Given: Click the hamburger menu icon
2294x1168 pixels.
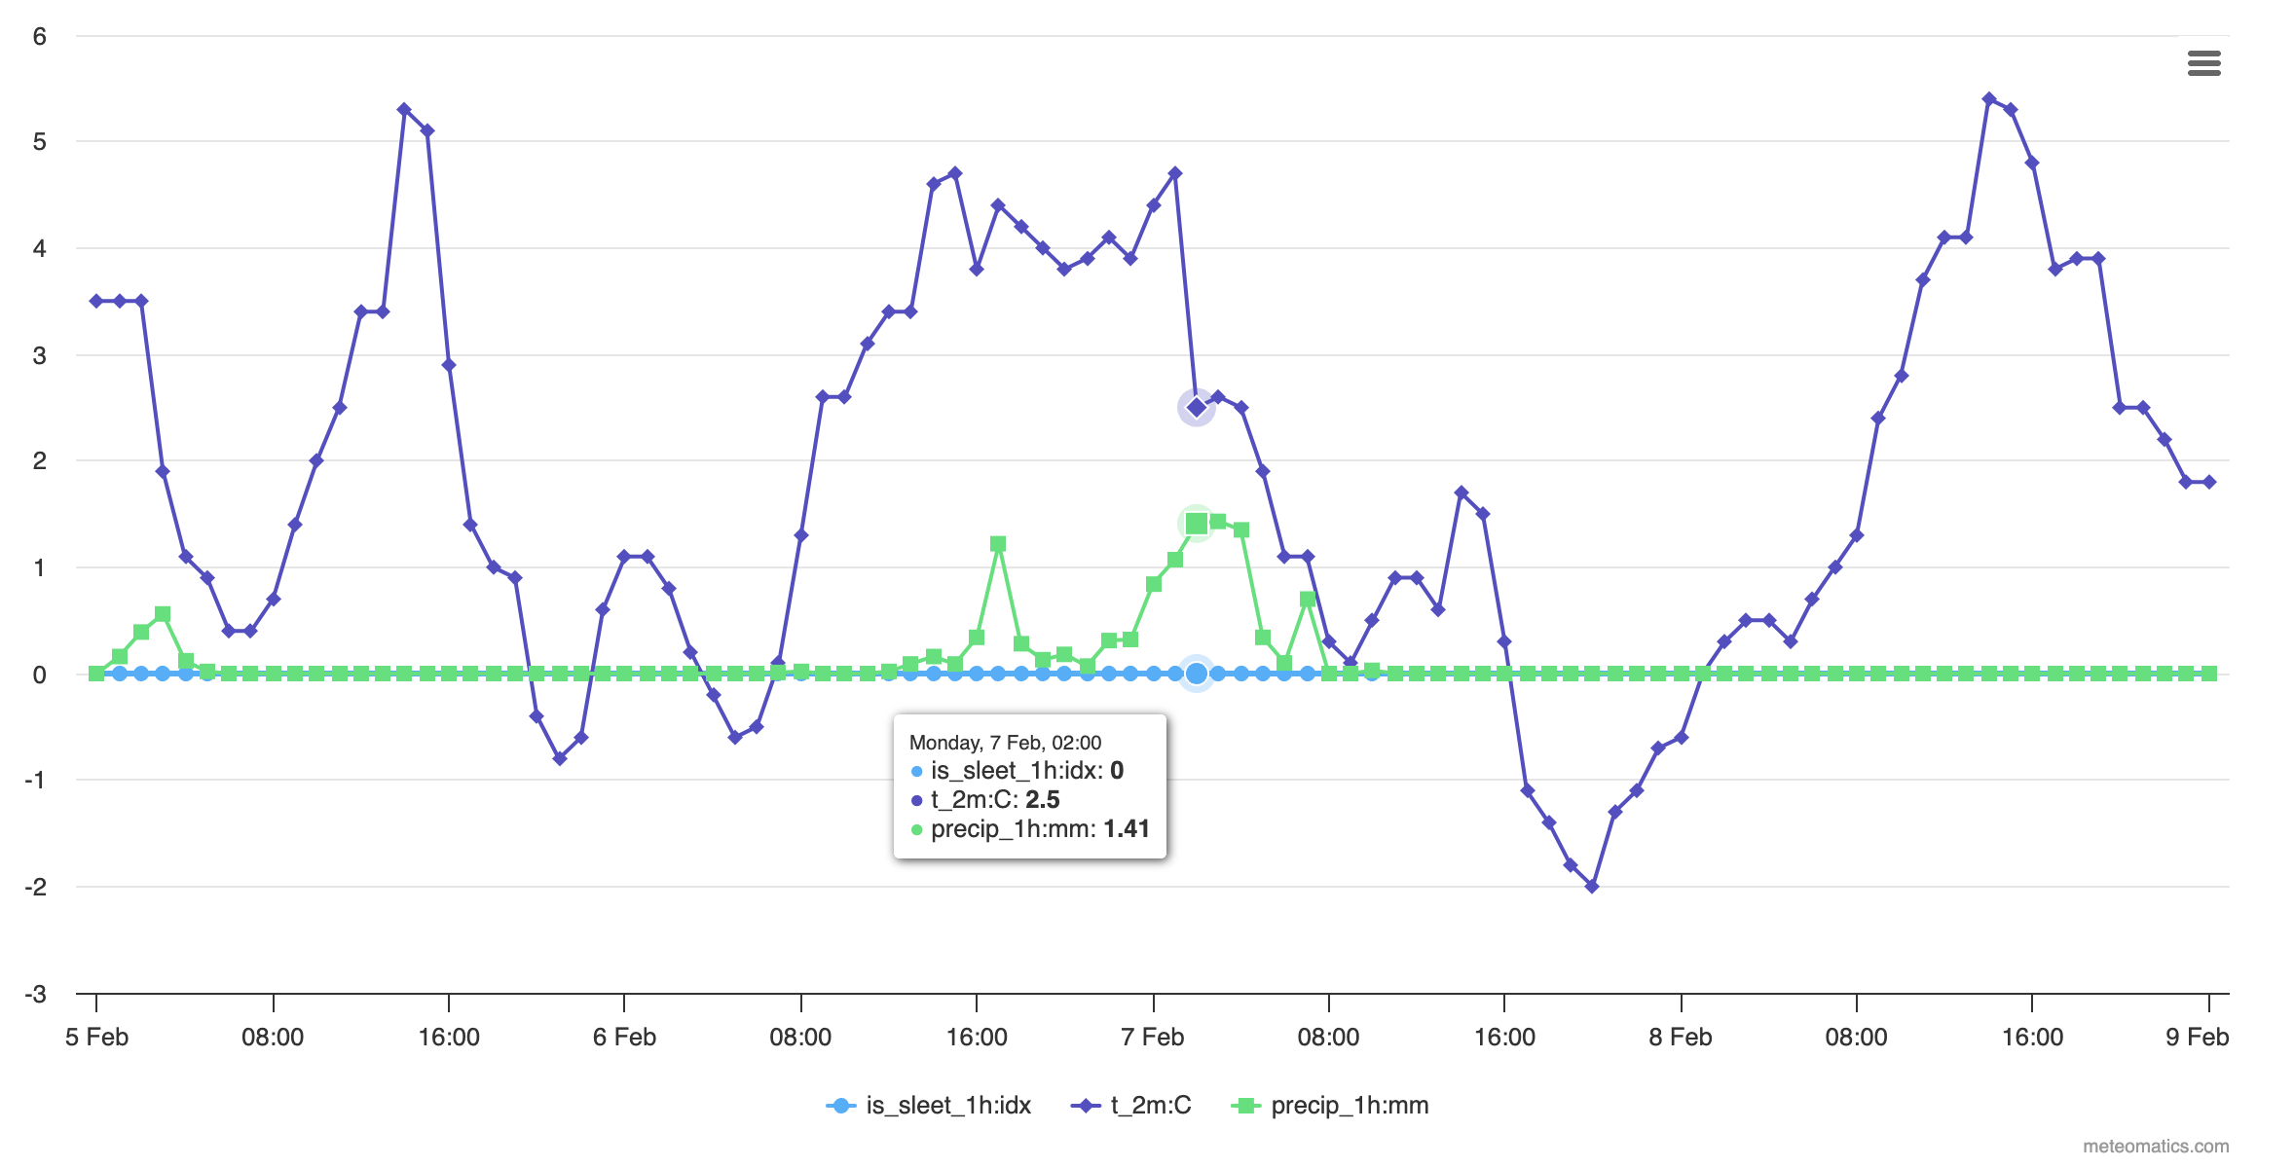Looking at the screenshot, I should (2203, 63).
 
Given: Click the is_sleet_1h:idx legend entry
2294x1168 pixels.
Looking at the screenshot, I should (929, 1106).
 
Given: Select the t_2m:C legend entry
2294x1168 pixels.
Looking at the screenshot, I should (1131, 1106).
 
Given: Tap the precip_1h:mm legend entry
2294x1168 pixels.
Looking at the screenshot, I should (1331, 1106).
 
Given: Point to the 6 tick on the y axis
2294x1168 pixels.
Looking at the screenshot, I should (39, 37).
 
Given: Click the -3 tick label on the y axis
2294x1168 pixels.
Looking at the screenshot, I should (36, 994).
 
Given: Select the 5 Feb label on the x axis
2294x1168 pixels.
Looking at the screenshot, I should (96, 1038).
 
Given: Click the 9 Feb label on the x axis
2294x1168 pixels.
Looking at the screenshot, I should (2197, 1038).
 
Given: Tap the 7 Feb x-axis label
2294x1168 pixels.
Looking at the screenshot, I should (1152, 1038).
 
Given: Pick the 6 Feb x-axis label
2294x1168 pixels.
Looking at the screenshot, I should (624, 1038).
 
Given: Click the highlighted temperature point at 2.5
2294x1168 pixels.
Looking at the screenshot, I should (1197, 408).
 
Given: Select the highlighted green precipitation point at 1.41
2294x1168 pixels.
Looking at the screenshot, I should (1197, 524).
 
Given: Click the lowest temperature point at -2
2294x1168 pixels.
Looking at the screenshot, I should (1592, 887).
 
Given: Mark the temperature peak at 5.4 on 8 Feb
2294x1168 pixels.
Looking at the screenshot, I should (1989, 99).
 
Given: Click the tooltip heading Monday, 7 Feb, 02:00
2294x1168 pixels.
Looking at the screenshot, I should (1005, 743).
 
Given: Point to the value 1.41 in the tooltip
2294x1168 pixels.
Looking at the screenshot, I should (1127, 829).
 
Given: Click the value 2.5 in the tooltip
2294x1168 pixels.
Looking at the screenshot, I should (1043, 800).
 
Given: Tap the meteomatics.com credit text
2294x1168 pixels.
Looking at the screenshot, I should (2155, 1147).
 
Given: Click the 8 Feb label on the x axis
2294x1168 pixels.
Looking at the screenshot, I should (1680, 1038).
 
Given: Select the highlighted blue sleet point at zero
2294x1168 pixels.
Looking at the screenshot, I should (1197, 674).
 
